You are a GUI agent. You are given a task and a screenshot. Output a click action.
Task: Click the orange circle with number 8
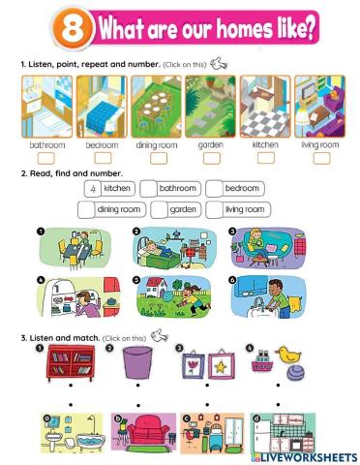coord(71,28)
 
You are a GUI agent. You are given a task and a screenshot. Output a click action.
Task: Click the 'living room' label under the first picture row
coord(320,145)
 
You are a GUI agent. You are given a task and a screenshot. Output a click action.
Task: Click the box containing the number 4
coord(89,189)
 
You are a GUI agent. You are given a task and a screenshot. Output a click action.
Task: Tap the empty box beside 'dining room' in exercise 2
coord(87,209)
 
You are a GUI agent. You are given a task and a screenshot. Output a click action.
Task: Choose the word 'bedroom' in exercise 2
coord(242,189)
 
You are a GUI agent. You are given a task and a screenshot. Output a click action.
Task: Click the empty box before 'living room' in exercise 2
coord(214,209)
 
